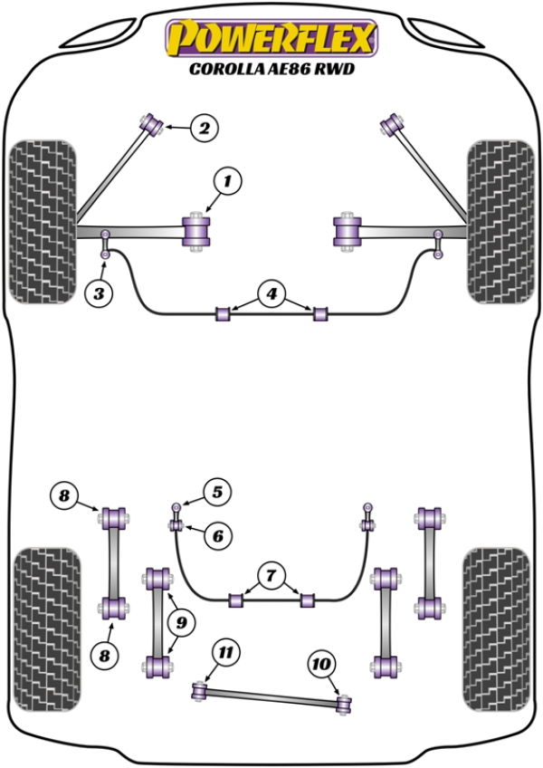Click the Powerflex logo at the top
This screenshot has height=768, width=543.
pos(269,38)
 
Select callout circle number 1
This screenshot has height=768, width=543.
pos(227,183)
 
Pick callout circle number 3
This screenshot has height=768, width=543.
pos(100,293)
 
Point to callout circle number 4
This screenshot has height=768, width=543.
pos(270,293)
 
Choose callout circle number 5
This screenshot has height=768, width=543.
pos(216,493)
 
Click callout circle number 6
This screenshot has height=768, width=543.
pos(217,536)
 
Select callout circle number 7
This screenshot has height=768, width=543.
pos(270,574)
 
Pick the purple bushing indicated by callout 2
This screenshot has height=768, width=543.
pos(151,122)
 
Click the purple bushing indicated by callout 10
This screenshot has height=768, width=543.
pos(343,703)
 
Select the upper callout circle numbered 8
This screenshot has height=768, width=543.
pos(64,495)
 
